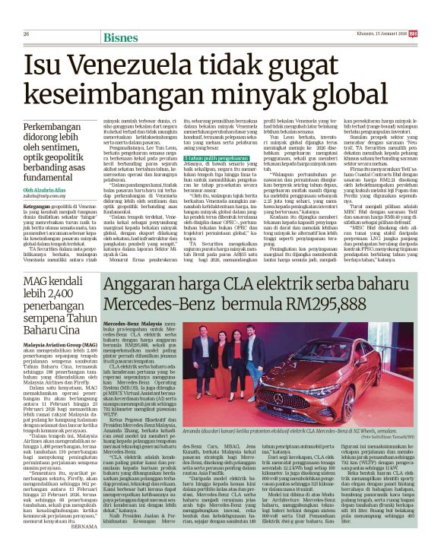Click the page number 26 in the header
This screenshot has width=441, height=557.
[27, 12]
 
